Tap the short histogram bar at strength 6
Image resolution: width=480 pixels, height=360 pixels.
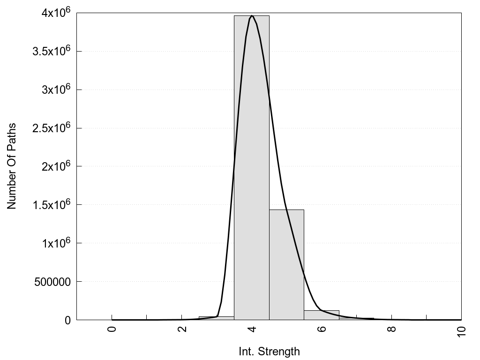coord(322,315)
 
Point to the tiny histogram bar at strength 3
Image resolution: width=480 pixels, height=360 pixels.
coord(216,318)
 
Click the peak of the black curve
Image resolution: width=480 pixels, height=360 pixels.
coord(252,15)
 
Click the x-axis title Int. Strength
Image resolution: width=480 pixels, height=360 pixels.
coord(269,351)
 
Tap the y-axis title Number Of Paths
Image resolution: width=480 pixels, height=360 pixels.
coord(12,166)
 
